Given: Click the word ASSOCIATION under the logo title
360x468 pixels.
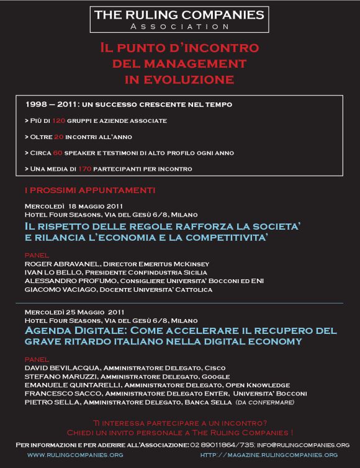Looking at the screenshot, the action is [180, 27].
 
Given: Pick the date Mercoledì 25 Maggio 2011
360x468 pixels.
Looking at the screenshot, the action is [73, 311].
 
